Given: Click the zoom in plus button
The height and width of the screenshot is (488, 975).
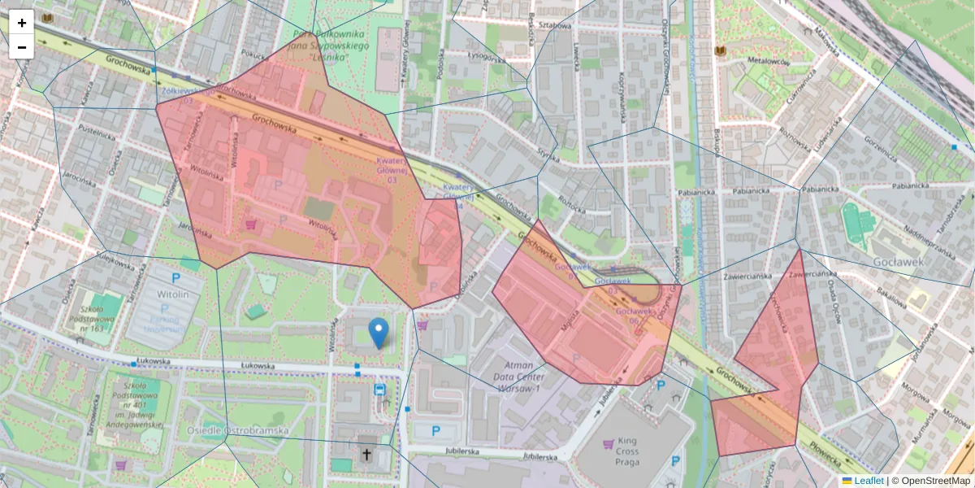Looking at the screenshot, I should coord(22,23).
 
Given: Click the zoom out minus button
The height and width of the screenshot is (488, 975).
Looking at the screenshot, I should coord(22,46).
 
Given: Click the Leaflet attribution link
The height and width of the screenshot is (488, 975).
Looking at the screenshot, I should coord(869,481).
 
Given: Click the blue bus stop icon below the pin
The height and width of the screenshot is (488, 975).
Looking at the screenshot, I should coord(379,390).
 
